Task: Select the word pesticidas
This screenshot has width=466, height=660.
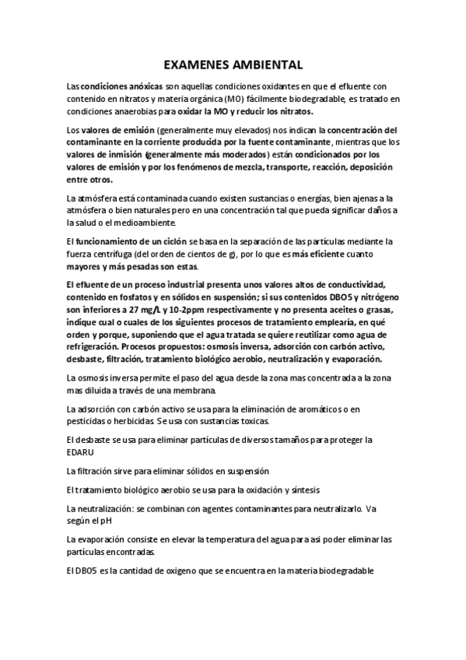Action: [x=87, y=421]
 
